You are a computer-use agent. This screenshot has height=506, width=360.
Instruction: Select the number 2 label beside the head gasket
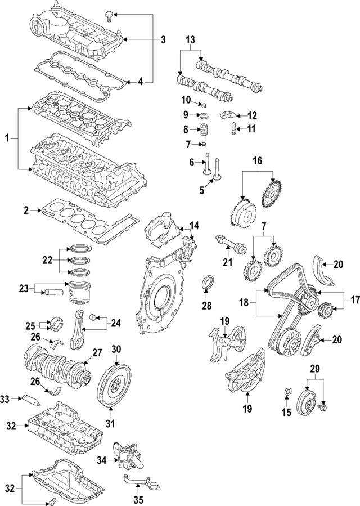(26, 211)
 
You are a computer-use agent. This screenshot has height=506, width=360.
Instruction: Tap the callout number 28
(207, 306)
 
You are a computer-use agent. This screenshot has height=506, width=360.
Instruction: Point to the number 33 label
(5, 399)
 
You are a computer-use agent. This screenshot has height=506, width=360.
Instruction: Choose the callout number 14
(193, 227)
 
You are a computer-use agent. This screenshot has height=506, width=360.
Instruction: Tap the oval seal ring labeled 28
(208, 282)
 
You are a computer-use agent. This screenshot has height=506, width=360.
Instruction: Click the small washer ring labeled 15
(289, 391)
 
